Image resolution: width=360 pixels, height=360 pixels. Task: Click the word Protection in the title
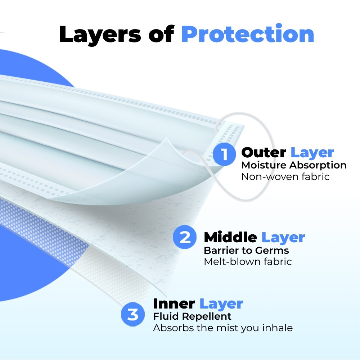(x=248, y=34)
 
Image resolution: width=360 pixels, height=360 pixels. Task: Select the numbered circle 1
(x=224, y=154)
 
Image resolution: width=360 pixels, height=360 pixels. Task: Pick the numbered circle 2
(x=185, y=237)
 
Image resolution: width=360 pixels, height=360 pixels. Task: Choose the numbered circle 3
(x=133, y=314)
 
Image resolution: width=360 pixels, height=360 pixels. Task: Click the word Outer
(x=264, y=152)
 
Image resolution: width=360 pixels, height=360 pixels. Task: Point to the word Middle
(x=230, y=237)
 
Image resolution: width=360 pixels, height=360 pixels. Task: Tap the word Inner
(x=174, y=304)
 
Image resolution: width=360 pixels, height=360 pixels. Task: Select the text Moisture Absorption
(x=294, y=165)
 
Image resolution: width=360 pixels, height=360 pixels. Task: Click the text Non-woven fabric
(x=285, y=176)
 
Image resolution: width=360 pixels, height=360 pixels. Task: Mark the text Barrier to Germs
(x=246, y=250)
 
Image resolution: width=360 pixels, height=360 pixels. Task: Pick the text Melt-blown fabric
(x=248, y=261)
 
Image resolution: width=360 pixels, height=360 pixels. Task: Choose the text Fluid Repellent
(x=192, y=316)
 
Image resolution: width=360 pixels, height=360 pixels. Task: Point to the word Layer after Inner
(x=221, y=305)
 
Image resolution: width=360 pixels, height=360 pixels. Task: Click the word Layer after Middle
(x=283, y=238)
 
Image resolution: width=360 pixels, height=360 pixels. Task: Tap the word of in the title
(x=161, y=34)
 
